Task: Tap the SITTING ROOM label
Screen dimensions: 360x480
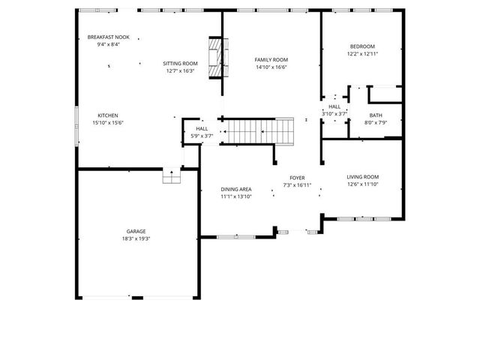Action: coord(181,64)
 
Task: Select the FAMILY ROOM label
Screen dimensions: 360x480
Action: coord(271,60)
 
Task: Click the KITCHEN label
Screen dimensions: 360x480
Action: coord(107,115)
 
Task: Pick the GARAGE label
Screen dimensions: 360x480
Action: coord(136,231)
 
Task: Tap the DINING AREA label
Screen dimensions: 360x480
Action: coord(235,189)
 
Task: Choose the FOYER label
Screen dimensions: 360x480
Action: coord(297,178)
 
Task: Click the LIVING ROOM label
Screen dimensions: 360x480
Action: coord(362,177)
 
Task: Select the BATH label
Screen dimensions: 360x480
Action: coord(375,115)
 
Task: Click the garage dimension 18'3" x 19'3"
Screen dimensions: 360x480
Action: coord(136,238)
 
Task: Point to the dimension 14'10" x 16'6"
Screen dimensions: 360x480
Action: coord(271,67)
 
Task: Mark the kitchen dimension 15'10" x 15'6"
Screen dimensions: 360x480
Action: coord(107,123)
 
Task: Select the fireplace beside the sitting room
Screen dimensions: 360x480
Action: coord(216,57)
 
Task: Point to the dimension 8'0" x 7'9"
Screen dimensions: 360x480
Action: coord(375,123)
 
